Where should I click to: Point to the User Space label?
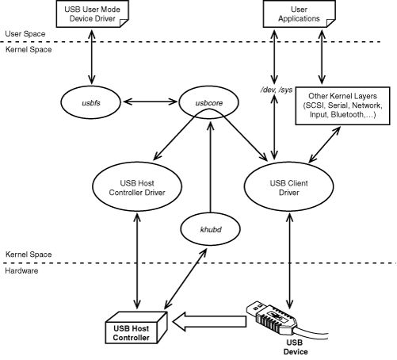(22, 34)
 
